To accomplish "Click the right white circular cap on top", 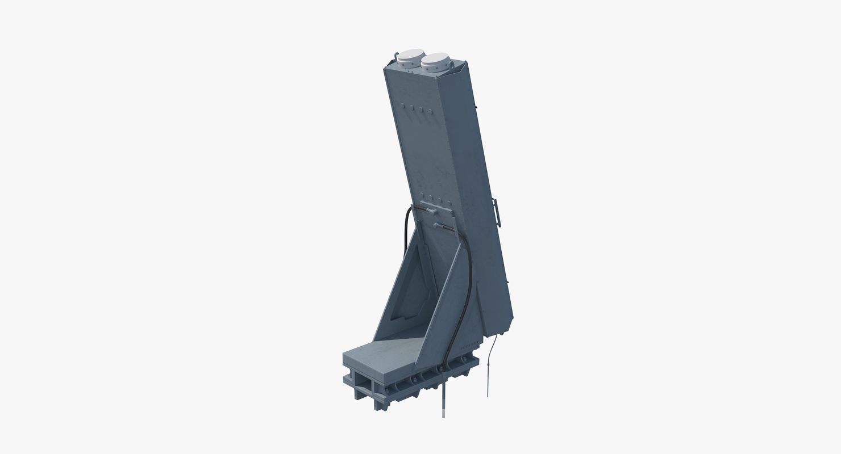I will point(436,59).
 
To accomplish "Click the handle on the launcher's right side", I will point(497,213).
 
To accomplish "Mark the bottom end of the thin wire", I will point(488,395).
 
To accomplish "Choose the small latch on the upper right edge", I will point(476,107).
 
